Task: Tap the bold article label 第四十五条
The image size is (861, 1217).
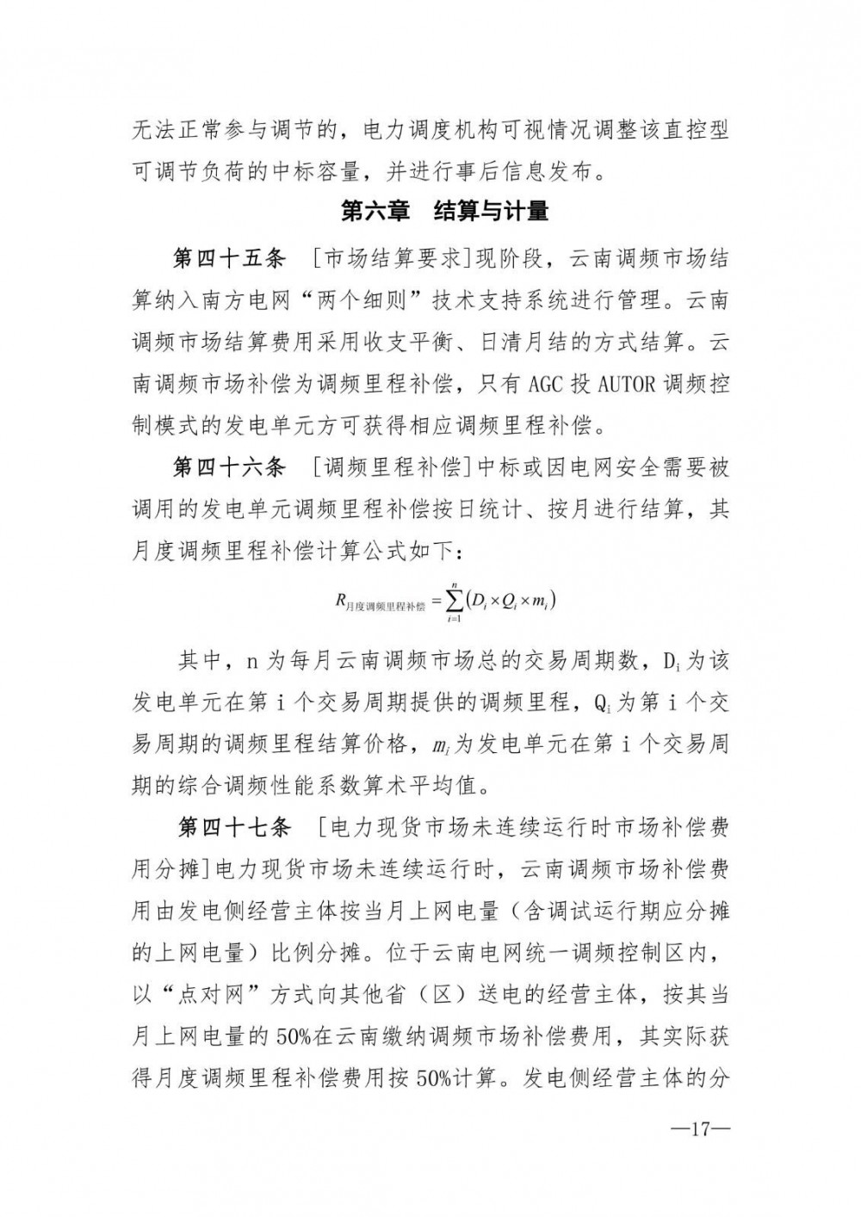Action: [x=229, y=259]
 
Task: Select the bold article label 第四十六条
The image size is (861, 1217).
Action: [x=229, y=468]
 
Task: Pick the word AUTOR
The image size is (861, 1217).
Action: [x=627, y=384]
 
